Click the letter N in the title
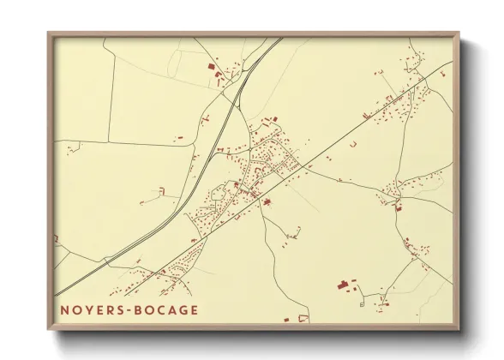(x=64, y=310)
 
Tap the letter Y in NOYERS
(x=90, y=310)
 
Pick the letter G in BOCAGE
(x=183, y=310)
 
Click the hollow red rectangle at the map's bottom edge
(x=302, y=318)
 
